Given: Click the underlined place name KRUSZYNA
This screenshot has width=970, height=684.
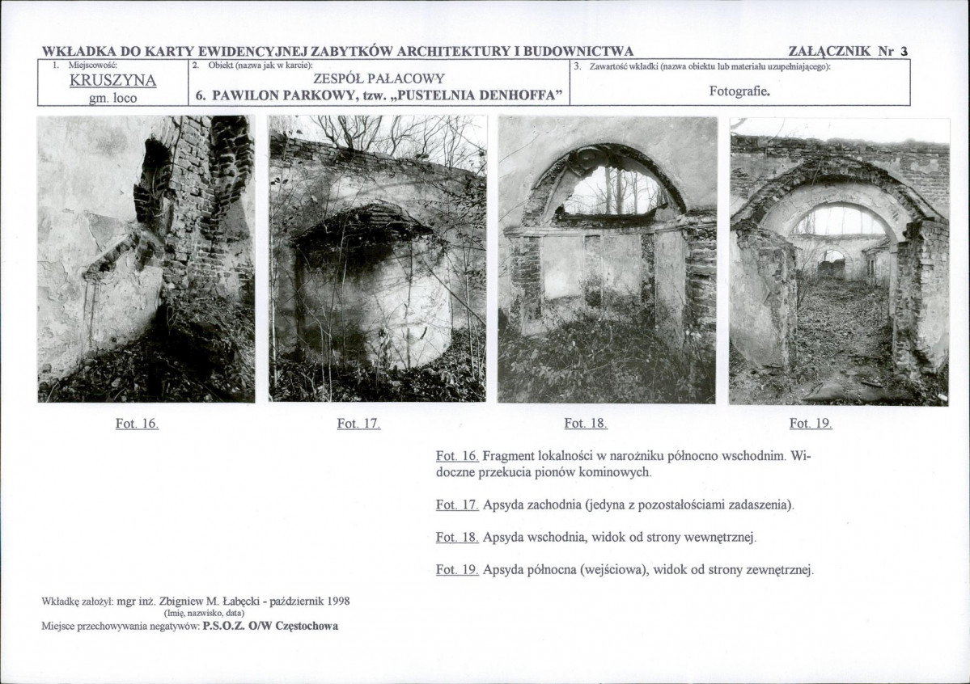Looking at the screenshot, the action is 112,80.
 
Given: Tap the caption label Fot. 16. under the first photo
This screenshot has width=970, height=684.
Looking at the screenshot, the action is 137,424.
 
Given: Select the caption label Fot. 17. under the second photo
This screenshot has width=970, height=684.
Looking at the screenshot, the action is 359,424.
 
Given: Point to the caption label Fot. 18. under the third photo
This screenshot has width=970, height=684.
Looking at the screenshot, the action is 585,424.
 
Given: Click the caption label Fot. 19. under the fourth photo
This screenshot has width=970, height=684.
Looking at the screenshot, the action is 811,424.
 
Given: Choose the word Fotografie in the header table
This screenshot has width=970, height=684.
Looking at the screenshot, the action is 738,91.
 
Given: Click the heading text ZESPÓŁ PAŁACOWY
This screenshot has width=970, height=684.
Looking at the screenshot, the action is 379,78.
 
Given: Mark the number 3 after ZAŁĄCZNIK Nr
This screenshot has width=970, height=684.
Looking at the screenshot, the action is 904,51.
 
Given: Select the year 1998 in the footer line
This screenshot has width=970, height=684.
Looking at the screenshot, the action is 338,601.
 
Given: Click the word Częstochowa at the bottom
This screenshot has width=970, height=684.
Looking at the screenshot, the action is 307,626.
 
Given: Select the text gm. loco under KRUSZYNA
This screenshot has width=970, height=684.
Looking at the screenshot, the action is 113,99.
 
